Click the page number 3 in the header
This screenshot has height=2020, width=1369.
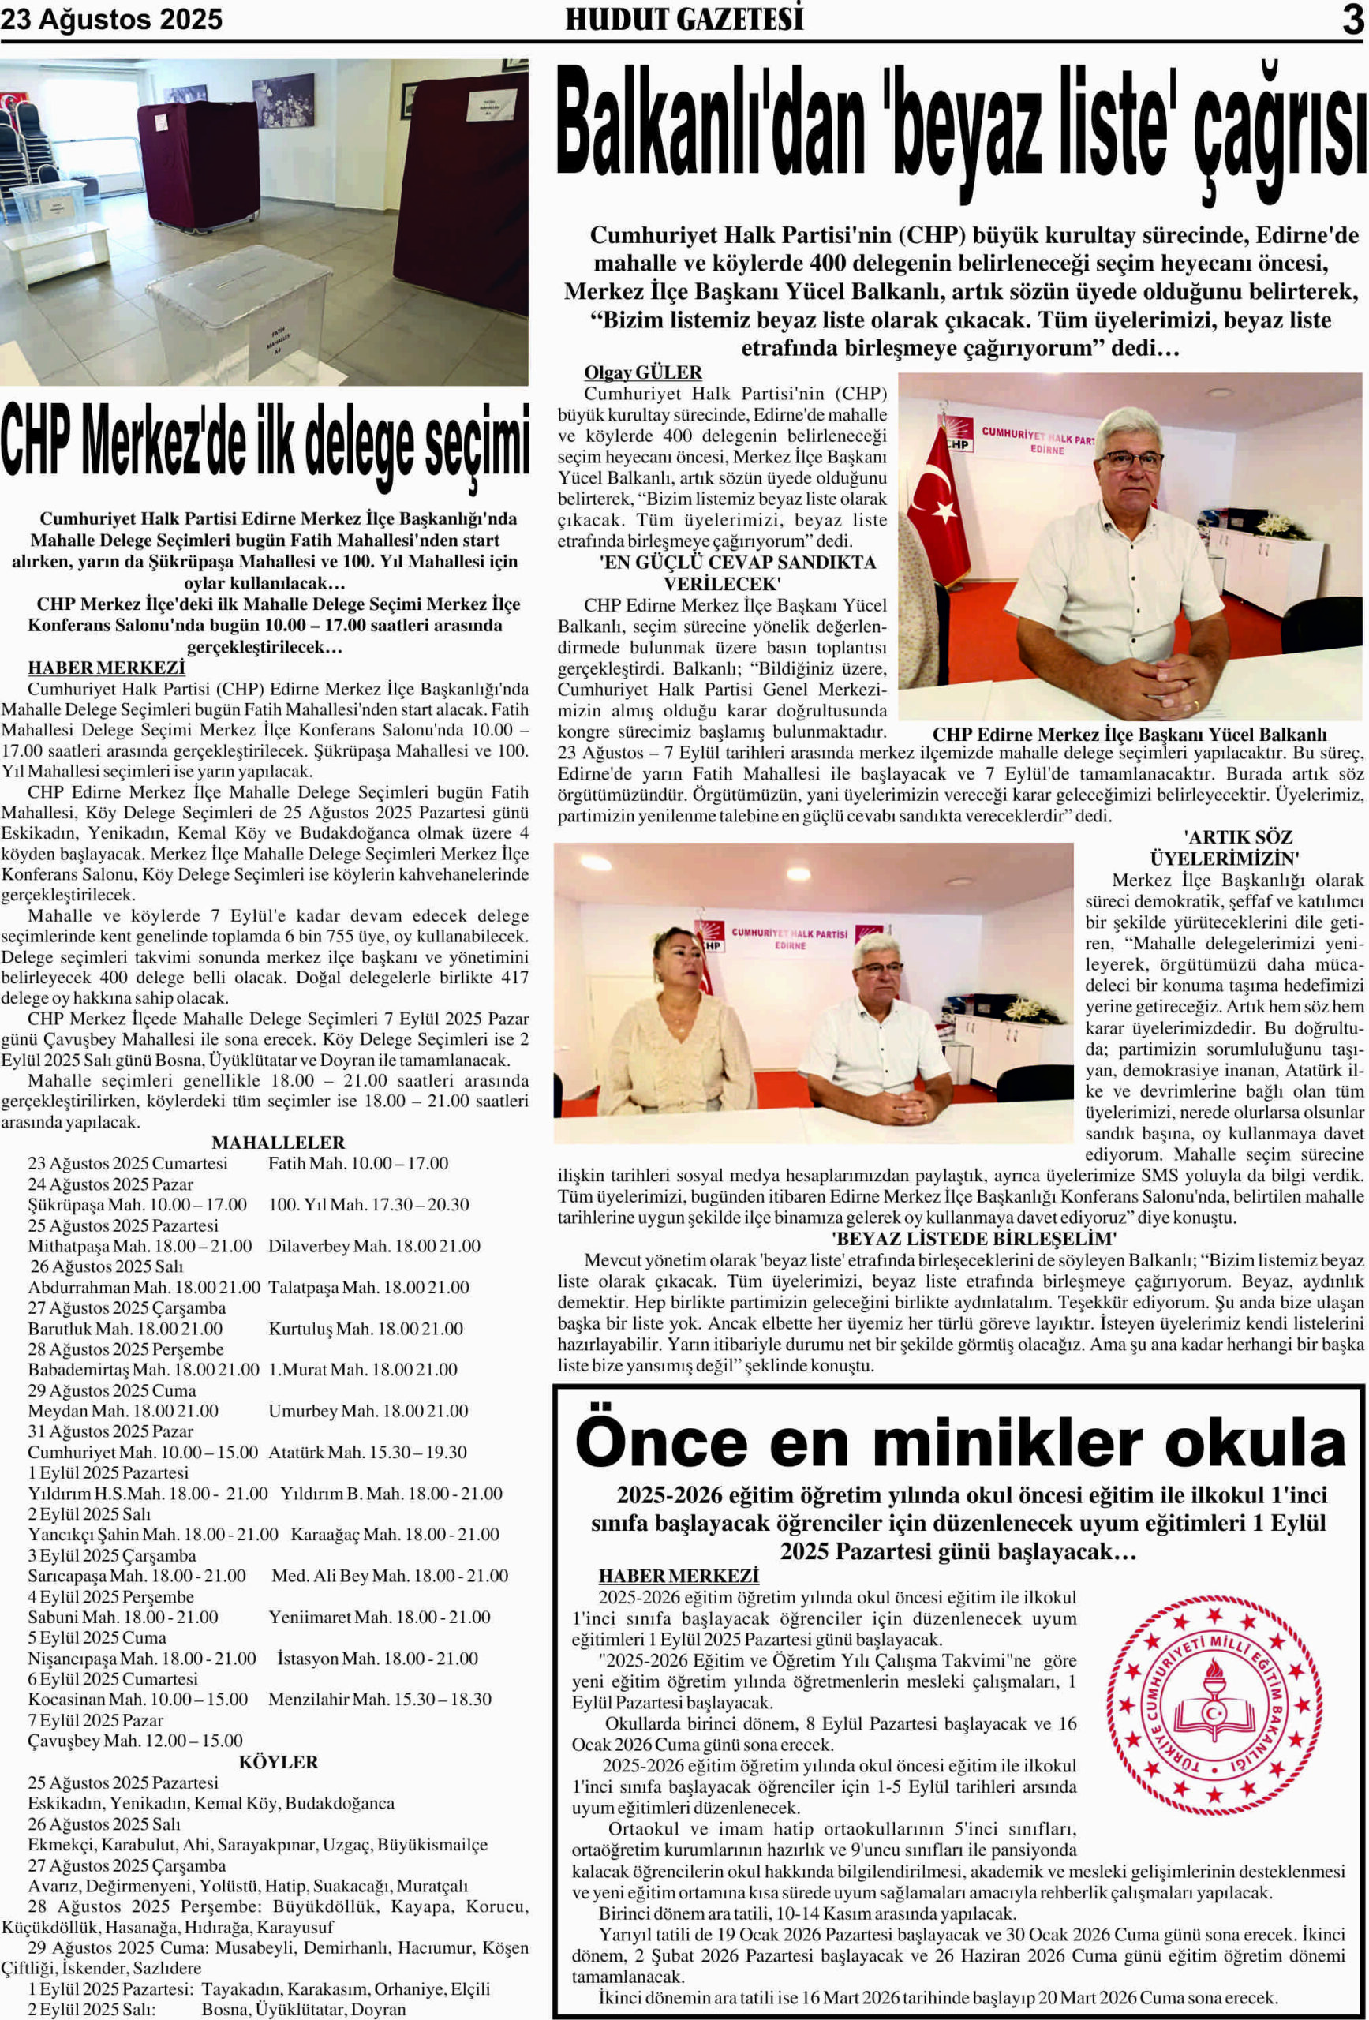[1352, 19]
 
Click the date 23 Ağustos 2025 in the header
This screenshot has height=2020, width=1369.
[111, 19]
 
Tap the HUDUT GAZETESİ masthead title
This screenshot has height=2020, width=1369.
[684, 19]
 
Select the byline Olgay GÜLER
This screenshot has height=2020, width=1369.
[642, 372]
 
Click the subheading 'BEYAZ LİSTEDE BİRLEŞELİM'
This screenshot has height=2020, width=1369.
[974, 1239]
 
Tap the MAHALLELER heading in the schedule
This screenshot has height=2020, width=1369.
[279, 1142]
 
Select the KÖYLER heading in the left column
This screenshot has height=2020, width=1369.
[279, 1762]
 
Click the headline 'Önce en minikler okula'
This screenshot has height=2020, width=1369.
[960, 1443]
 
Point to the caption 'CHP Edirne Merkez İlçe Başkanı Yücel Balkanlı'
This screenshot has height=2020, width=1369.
[1130, 735]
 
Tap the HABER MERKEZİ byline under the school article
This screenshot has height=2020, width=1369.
[678, 1576]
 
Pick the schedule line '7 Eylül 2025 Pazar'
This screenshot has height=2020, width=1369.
[95, 1720]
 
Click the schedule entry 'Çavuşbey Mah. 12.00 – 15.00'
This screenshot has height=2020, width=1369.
[136, 1740]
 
